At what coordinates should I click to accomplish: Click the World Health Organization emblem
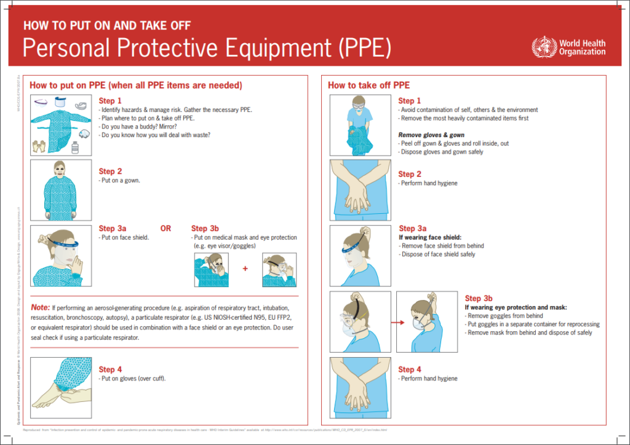[544, 47]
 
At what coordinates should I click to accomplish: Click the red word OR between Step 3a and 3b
[165, 229]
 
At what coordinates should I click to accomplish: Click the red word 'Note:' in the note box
[40, 307]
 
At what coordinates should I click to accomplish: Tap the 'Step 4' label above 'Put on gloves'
[110, 369]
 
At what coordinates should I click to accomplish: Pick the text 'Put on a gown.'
[120, 181]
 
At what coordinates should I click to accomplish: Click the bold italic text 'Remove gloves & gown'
[431, 135]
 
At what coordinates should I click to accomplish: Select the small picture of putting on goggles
[279, 270]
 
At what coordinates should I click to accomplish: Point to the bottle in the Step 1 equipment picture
[75, 148]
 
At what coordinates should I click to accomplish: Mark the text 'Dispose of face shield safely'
[437, 254]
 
